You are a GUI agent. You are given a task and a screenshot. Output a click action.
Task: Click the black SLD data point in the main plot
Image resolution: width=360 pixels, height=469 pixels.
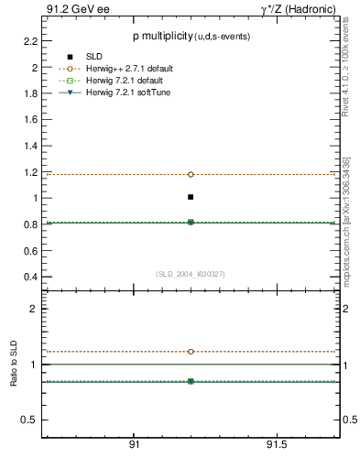tap(191, 197)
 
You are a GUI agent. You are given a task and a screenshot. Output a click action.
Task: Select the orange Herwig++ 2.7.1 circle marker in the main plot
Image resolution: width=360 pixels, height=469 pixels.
tap(191, 174)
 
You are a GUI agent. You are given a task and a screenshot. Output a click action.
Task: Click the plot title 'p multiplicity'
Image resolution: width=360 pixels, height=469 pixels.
tap(161, 35)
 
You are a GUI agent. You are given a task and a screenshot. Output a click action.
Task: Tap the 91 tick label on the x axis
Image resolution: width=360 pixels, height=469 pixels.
tap(134, 444)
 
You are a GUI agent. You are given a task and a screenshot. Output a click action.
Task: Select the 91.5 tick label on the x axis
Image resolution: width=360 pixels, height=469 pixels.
tap(277, 444)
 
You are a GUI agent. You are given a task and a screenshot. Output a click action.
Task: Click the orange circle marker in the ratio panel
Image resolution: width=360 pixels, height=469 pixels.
tap(191, 352)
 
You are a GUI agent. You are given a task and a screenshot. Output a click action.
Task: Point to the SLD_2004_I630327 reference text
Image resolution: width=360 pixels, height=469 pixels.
tap(191, 274)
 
